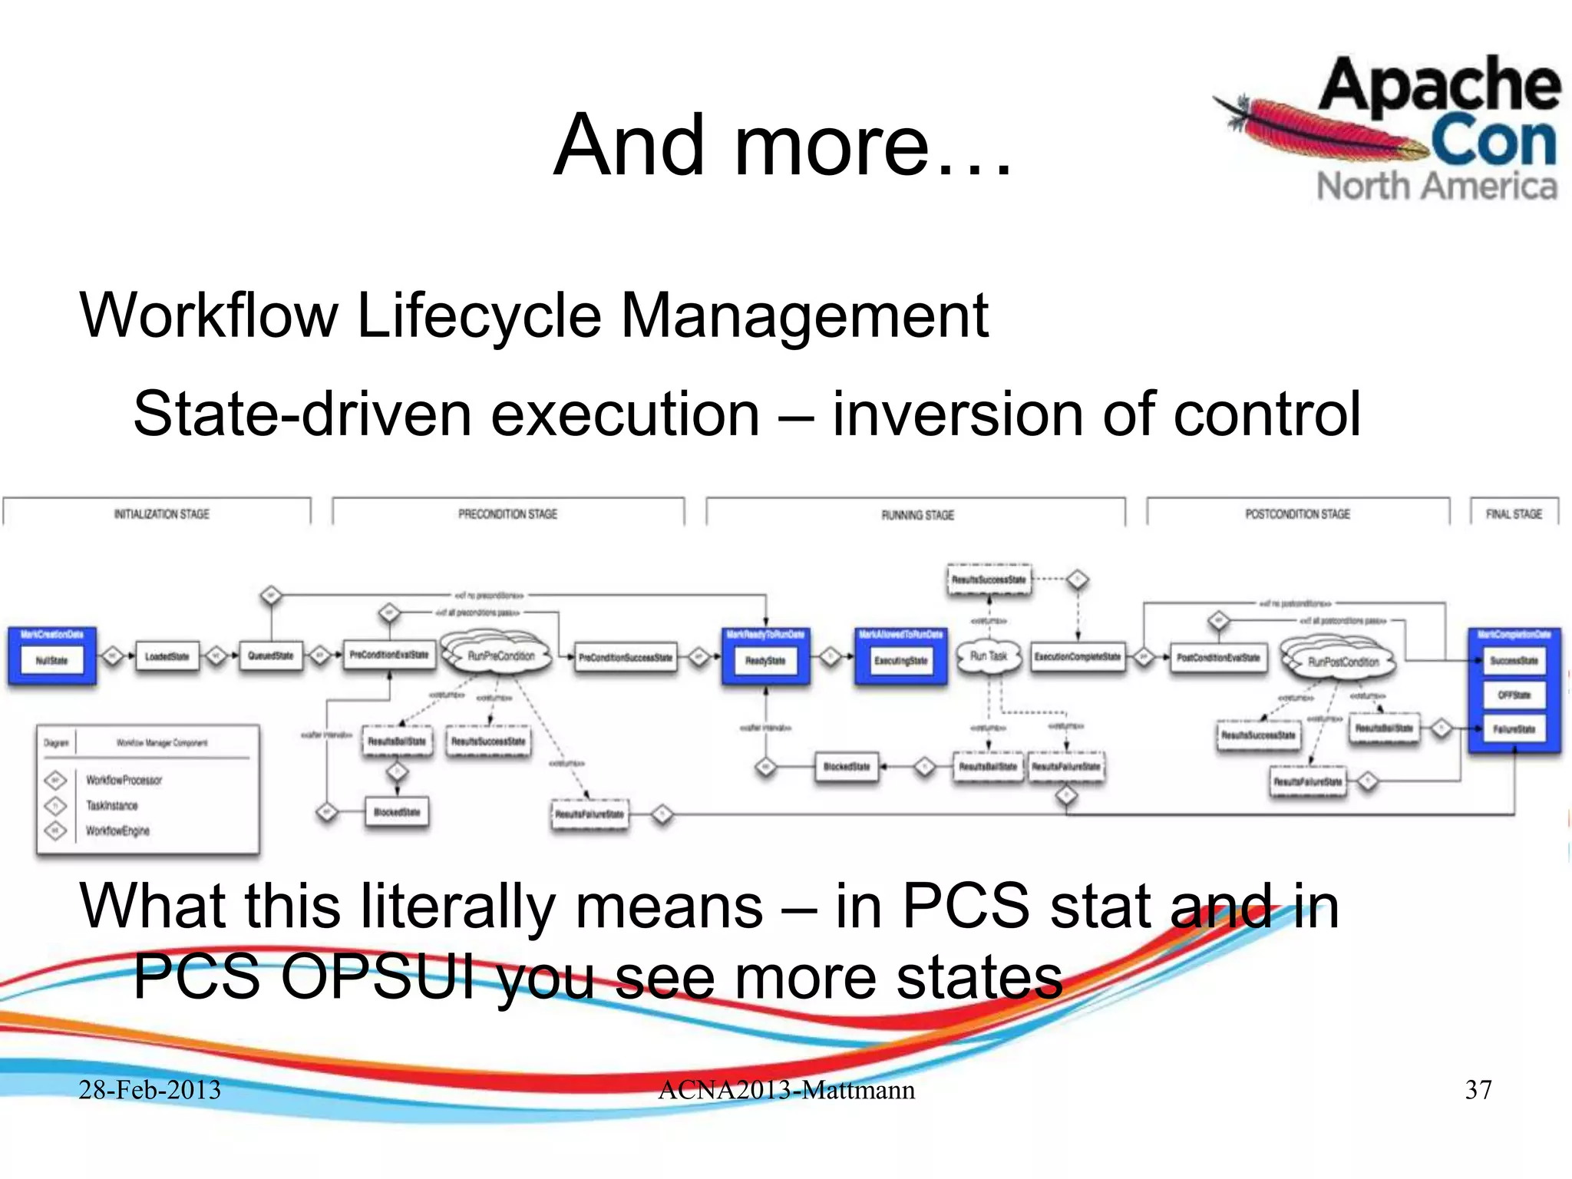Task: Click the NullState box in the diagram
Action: pyautogui.click(x=51, y=660)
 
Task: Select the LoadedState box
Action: pyautogui.click(x=167, y=657)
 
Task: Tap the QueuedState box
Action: pyautogui.click(x=270, y=656)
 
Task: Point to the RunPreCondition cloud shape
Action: pyautogui.click(x=500, y=656)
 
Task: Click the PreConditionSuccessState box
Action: pyautogui.click(x=625, y=658)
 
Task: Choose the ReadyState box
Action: pyautogui.click(x=765, y=660)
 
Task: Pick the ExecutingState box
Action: pyautogui.click(x=900, y=660)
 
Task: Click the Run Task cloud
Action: pyautogui.click(x=988, y=656)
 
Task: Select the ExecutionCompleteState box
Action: pyautogui.click(x=1077, y=657)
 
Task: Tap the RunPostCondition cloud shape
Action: pyautogui.click(x=1342, y=662)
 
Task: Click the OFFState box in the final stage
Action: pyautogui.click(x=1514, y=695)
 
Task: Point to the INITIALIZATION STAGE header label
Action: pyautogui.click(x=161, y=514)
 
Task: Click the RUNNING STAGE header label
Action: pyautogui.click(x=917, y=515)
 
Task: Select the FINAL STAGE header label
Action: pyautogui.click(x=1514, y=514)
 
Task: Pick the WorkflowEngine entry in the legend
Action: pyautogui.click(x=117, y=831)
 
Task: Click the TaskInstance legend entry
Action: pyautogui.click(x=112, y=805)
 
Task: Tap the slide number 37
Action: pyautogui.click(x=1478, y=1090)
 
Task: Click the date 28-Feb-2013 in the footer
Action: pyautogui.click(x=150, y=1090)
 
